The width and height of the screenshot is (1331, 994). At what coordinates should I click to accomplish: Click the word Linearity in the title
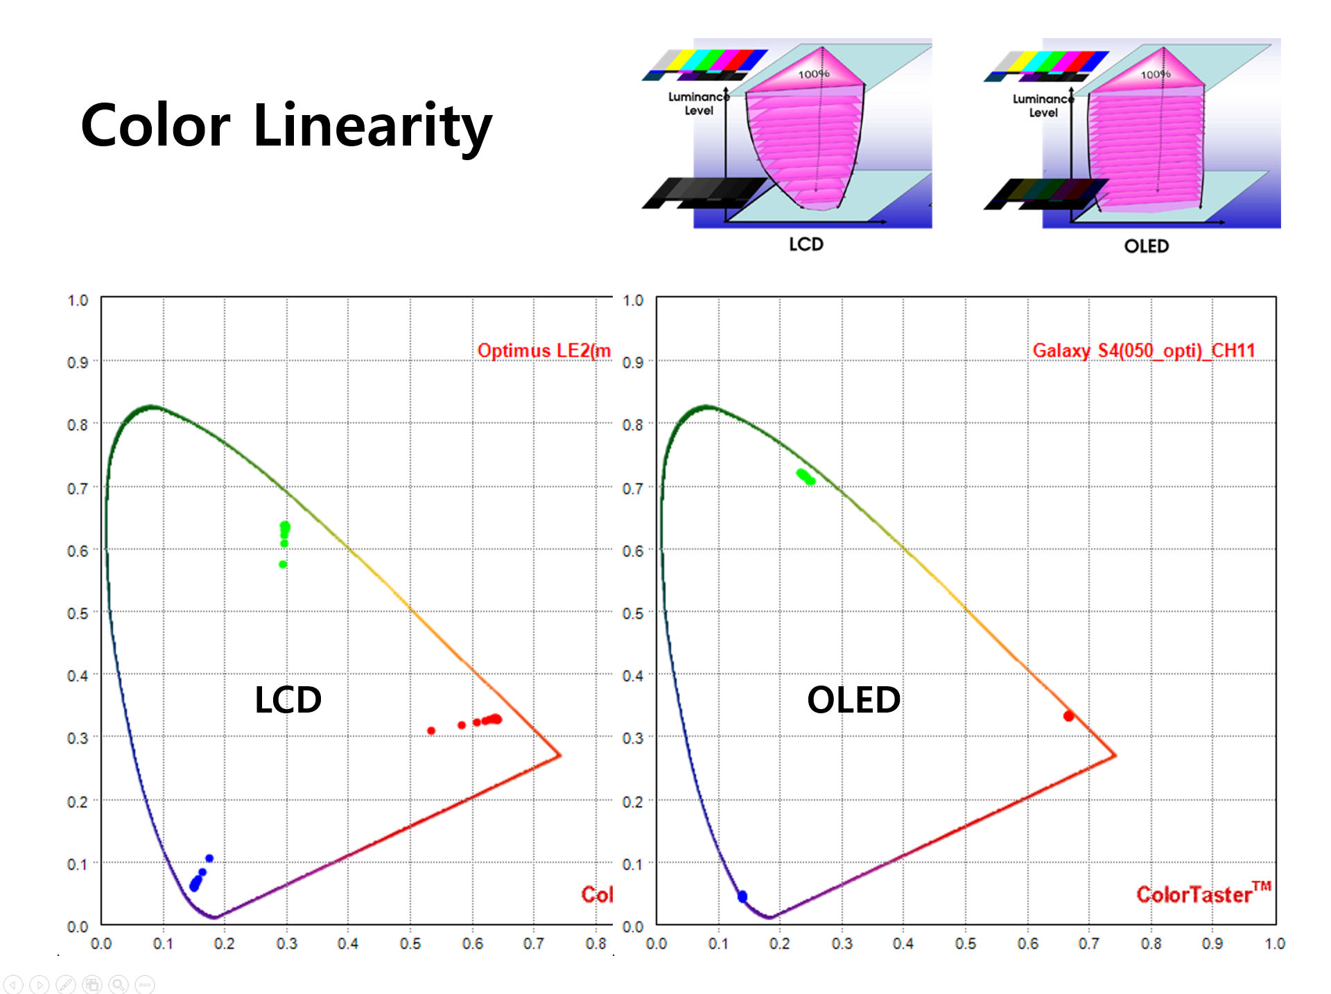click(372, 126)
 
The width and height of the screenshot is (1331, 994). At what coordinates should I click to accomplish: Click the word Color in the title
click(155, 126)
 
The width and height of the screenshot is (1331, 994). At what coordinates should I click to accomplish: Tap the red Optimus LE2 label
click(543, 351)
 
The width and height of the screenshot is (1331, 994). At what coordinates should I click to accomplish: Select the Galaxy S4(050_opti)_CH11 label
click(1144, 351)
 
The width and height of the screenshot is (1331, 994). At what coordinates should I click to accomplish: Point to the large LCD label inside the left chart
click(288, 699)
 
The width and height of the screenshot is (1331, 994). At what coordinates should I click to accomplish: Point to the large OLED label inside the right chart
click(853, 699)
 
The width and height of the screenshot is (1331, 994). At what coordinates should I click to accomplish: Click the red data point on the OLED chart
click(1068, 716)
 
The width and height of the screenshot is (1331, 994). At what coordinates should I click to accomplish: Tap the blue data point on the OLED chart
click(742, 896)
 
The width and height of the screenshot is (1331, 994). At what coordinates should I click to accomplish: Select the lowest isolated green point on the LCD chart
click(283, 564)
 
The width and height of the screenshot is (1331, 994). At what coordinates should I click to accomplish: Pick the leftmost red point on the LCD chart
click(431, 731)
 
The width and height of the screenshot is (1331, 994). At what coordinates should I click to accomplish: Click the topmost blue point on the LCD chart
click(209, 859)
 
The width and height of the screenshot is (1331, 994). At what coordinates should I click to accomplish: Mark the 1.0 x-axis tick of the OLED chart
click(1275, 943)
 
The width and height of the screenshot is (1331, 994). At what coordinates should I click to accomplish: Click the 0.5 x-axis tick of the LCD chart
click(410, 943)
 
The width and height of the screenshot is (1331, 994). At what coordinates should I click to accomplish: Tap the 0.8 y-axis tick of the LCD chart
click(78, 425)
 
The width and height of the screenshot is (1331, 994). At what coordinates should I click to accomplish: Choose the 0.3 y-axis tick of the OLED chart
click(632, 738)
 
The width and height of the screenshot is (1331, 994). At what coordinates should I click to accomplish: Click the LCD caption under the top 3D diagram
click(806, 244)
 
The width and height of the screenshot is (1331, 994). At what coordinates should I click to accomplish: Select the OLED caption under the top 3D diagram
click(1147, 246)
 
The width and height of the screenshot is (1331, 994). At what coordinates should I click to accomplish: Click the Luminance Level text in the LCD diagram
click(698, 103)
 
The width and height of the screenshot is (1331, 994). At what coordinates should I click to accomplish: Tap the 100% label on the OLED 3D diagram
click(1156, 74)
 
